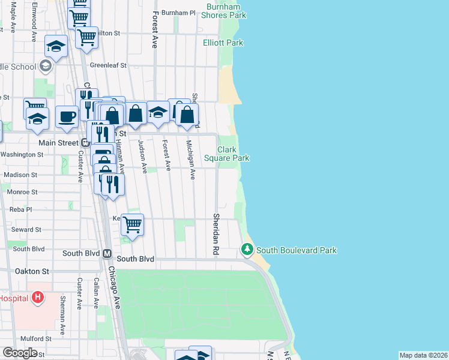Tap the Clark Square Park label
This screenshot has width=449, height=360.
226,154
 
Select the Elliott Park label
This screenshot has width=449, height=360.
223,43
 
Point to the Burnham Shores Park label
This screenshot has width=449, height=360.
226,10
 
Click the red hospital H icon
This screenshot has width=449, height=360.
38,297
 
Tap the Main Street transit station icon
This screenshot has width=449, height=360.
85,143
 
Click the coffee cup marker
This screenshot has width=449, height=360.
67,116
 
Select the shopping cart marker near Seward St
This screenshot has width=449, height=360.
132,225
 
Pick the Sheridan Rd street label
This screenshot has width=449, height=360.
216,235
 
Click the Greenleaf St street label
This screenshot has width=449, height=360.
108,65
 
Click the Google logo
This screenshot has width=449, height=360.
20,353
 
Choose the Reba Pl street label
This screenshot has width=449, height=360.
20,209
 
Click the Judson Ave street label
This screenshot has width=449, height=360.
143,156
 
